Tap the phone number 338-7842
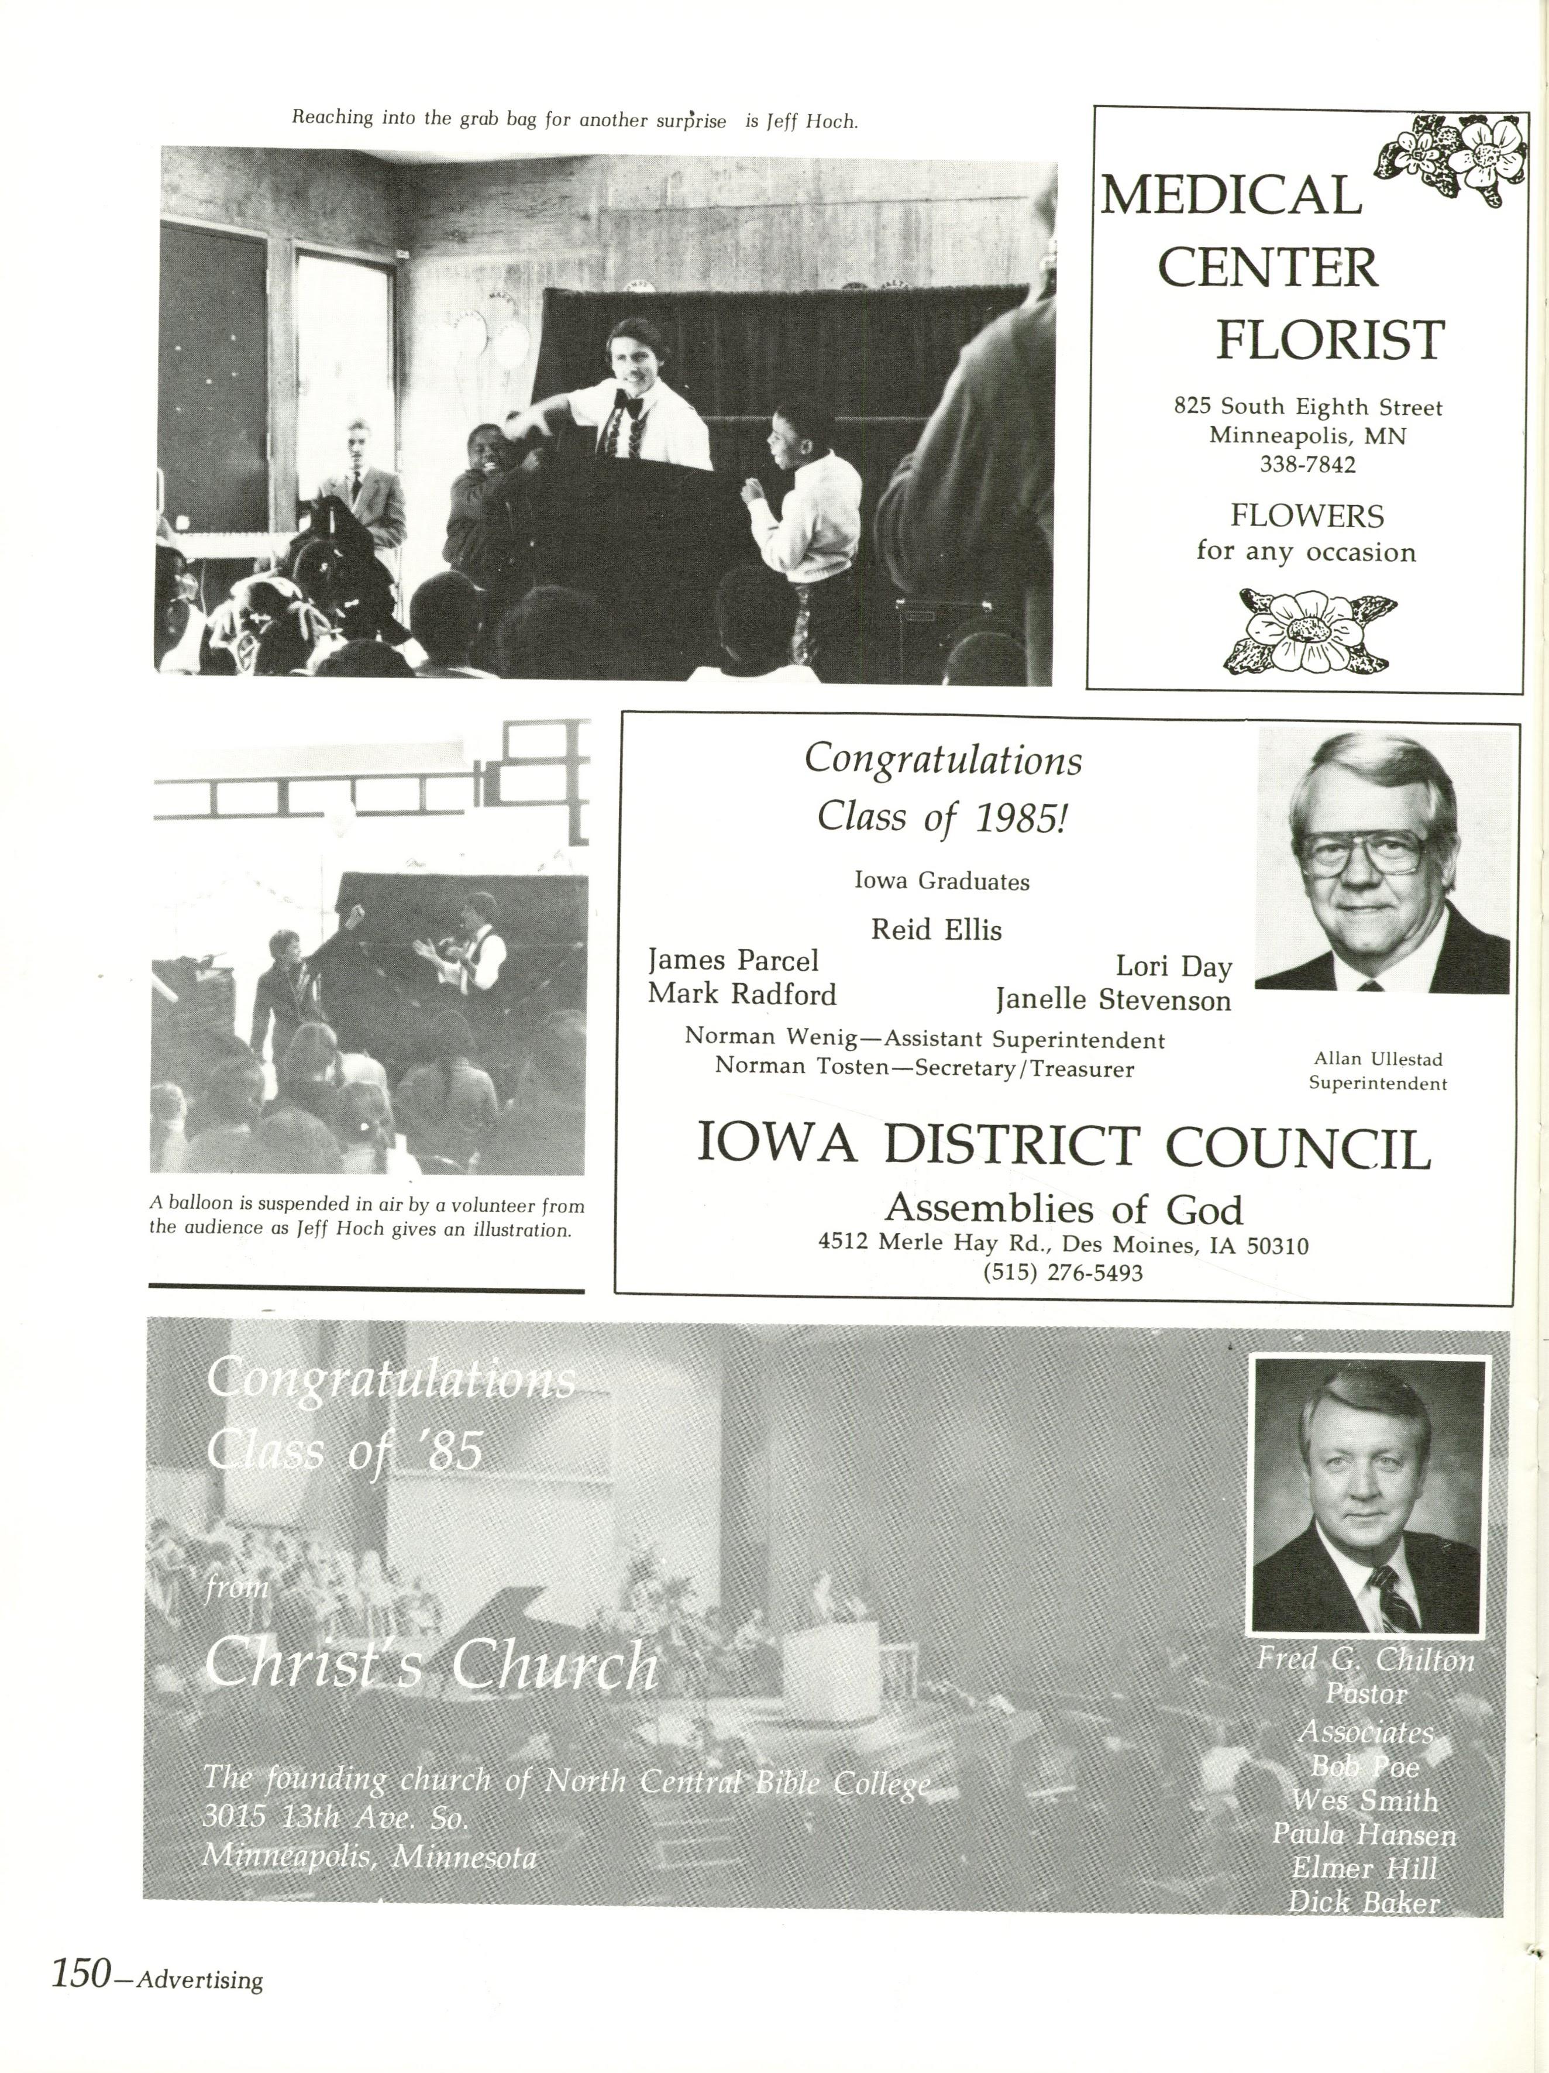[x=1307, y=465]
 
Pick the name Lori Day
[x=1173, y=966]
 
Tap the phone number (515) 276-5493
[x=1063, y=1273]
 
